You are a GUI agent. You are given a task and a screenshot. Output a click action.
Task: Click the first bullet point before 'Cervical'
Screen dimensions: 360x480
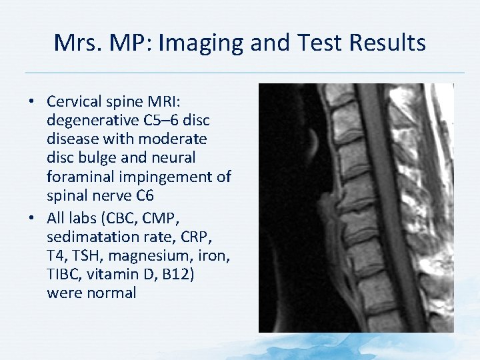tap(32, 102)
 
